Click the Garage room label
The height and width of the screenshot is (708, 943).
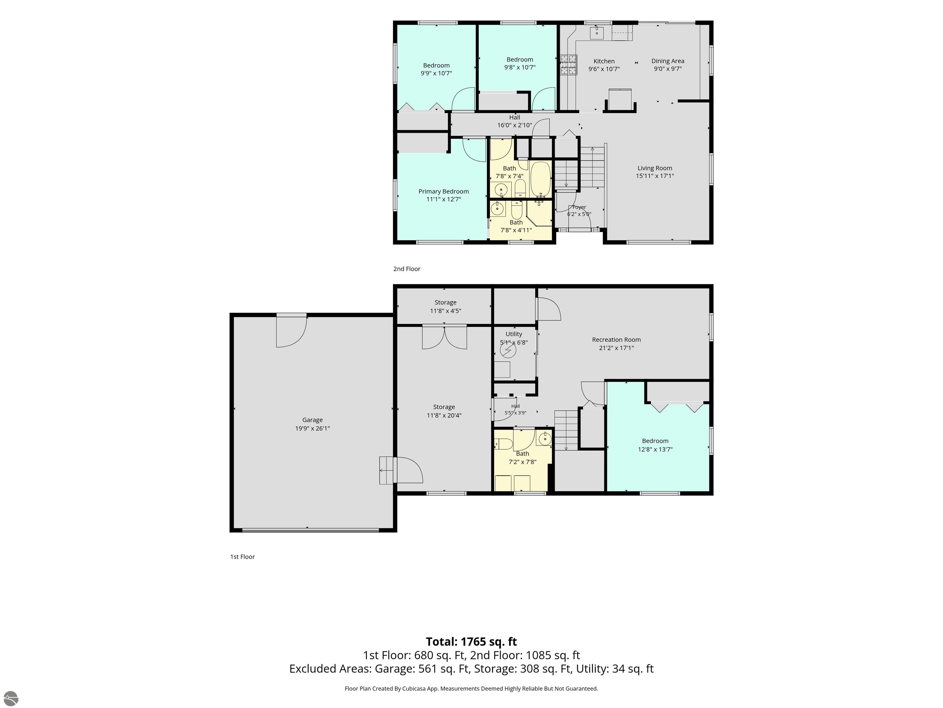312,420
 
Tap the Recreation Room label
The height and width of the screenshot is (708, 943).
616,340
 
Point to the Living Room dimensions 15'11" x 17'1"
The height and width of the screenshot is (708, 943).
655,176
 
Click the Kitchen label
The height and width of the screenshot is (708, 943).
604,61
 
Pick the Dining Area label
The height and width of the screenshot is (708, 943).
668,61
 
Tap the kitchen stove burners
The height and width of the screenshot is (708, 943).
568,65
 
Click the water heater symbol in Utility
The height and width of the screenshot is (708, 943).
508,350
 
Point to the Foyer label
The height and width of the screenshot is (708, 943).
579,207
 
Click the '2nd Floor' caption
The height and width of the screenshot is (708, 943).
407,269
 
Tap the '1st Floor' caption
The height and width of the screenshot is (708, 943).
242,557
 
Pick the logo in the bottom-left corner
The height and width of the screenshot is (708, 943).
11,698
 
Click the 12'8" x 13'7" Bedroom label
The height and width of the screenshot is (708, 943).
655,445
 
